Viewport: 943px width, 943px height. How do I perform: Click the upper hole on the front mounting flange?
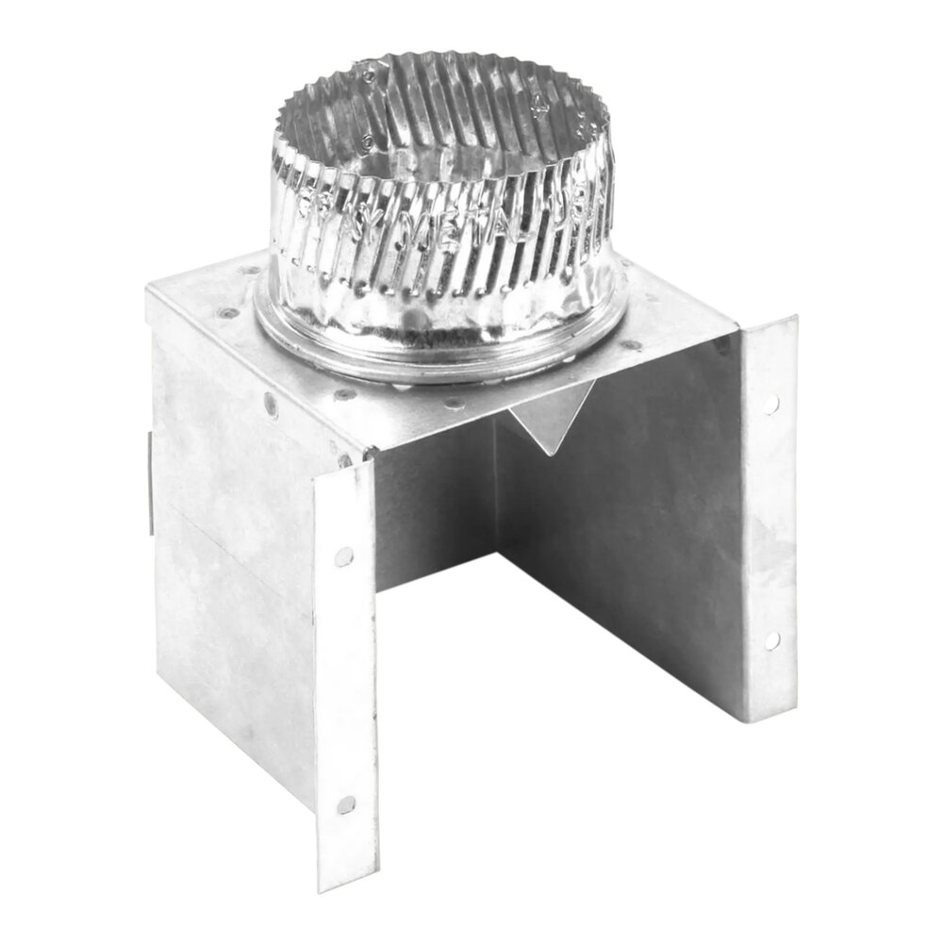click(x=344, y=555)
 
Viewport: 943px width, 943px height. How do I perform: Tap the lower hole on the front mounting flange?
click(x=346, y=804)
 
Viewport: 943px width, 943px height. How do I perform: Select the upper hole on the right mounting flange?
click(x=771, y=404)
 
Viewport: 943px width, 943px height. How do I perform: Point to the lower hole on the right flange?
click(x=772, y=640)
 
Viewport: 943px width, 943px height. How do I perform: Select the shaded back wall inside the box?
click(x=434, y=509)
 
